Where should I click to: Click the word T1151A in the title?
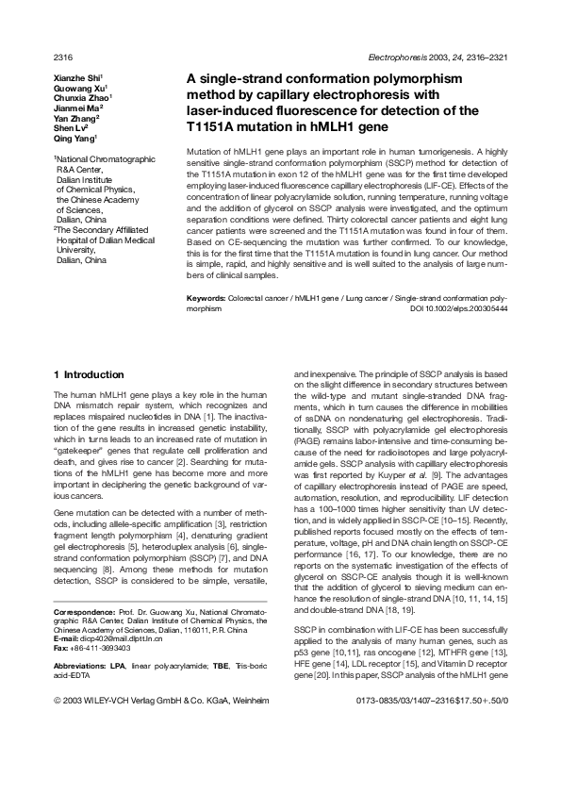216,125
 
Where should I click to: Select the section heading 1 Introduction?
90,374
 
